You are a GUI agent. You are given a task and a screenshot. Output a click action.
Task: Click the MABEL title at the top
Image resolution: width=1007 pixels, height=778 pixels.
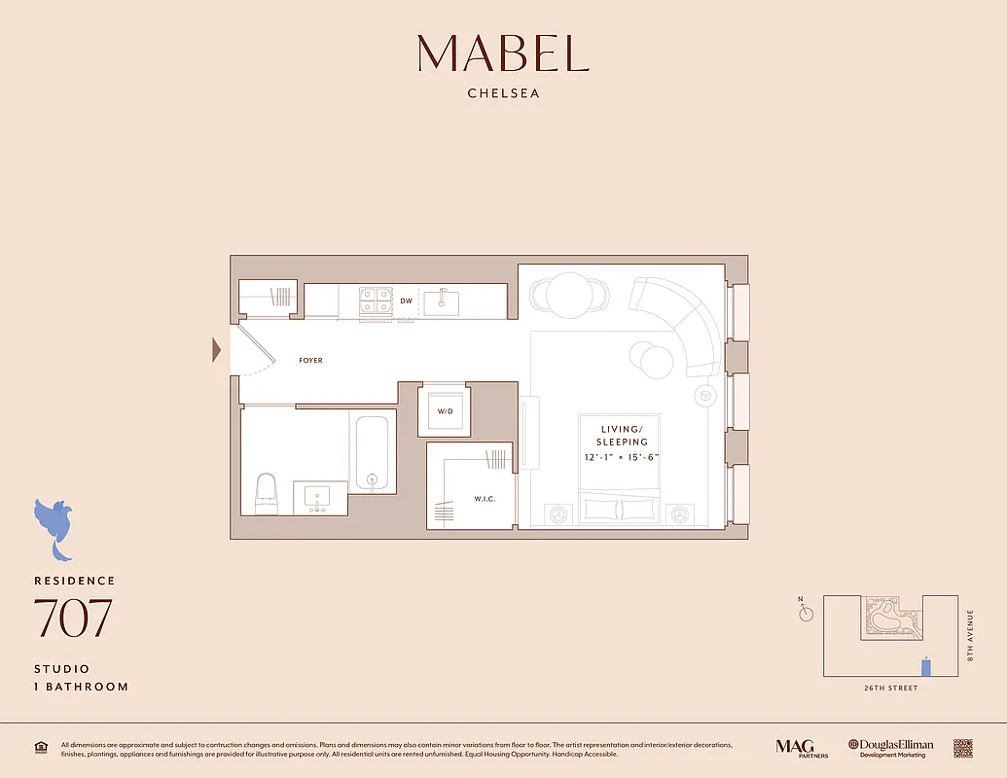pos(503,53)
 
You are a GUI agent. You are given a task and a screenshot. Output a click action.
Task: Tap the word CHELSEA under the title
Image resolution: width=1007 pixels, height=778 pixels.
pos(503,94)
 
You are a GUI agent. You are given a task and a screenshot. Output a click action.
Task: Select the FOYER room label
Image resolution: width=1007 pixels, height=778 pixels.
pos(310,361)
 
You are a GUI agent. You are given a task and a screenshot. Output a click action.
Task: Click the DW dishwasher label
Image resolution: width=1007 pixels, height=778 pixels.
pos(407,301)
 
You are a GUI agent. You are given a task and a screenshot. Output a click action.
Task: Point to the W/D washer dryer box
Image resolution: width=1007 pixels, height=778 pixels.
pos(445,411)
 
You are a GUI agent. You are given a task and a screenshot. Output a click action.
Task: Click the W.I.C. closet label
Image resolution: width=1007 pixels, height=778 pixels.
pos(486,499)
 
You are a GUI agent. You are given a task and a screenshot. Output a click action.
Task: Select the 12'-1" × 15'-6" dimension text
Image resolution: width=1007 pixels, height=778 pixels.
pos(622,457)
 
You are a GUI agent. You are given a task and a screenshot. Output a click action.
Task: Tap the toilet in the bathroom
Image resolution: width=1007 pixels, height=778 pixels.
pos(266,493)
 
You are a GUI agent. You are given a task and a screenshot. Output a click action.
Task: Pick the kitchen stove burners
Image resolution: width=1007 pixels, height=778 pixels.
pos(375,301)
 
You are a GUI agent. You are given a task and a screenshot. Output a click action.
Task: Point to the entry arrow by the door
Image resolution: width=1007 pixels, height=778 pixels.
pos(217,350)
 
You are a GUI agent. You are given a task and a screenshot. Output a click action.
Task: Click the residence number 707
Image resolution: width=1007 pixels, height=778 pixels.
pos(73,619)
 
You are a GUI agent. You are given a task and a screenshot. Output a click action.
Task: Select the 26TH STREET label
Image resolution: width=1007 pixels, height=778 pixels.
pos(890,689)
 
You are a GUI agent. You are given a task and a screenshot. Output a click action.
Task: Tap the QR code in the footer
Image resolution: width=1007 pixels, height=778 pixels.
pos(962,748)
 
